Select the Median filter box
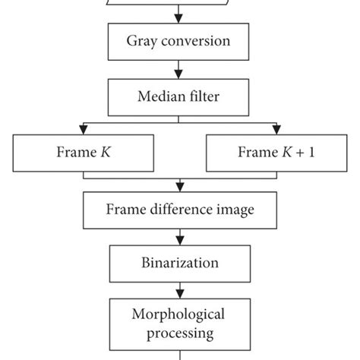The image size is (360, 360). (x=180, y=97)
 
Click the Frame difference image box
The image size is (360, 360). (x=180, y=207)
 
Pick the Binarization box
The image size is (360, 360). (x=180, y=263)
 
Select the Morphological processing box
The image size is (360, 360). (x=180, y=323)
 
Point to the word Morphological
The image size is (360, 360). (x=180, y=314)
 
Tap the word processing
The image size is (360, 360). (x=180, y=333)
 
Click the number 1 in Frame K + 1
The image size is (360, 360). (x=311, y=152)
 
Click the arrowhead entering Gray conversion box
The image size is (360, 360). (x=180, y=21)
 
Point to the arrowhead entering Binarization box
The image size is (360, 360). (x=180, y=242)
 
